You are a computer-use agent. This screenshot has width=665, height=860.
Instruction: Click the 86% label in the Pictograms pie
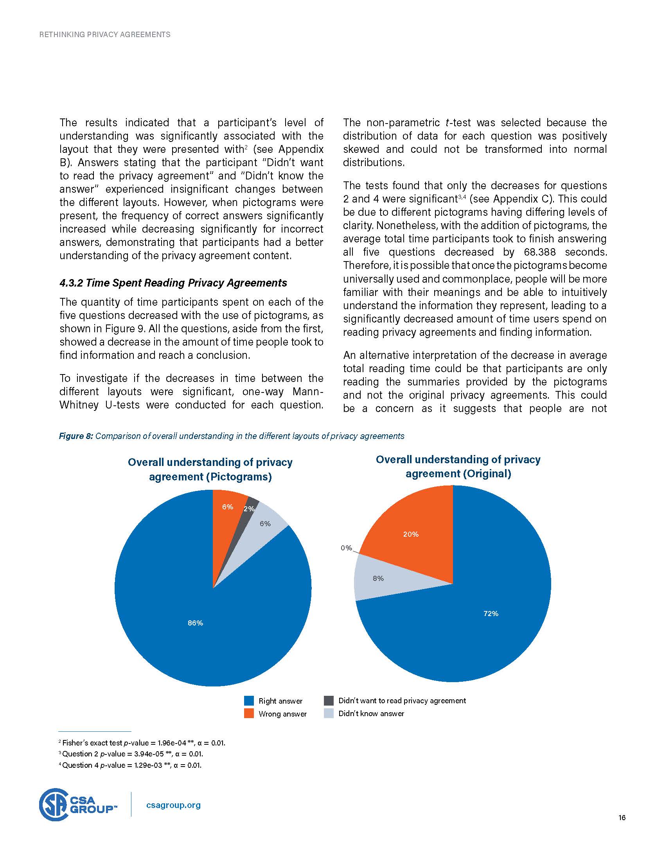tap(196, 623)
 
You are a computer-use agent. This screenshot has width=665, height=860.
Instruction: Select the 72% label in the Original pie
tap(491, 613)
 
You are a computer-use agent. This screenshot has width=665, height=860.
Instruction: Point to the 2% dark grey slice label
tap(249, 509)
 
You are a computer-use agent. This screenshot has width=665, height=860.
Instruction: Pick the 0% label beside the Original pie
tap(346, 548)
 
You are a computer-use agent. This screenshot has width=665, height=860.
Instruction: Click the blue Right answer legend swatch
tap(248, 701)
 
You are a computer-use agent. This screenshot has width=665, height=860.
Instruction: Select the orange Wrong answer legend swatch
tap(248, 713)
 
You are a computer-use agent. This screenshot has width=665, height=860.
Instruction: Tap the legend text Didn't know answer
tap(371, 713)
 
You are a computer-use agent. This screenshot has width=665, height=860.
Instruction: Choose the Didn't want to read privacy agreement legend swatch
tap(329, 701)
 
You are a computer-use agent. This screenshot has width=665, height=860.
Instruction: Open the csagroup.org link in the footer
tap(173, 805)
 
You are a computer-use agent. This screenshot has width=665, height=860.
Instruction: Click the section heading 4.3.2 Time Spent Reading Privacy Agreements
tap(173, 283)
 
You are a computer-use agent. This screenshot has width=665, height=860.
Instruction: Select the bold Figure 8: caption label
tap(76, 436)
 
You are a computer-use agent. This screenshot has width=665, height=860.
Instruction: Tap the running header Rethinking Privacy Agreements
tap(105, 35)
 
